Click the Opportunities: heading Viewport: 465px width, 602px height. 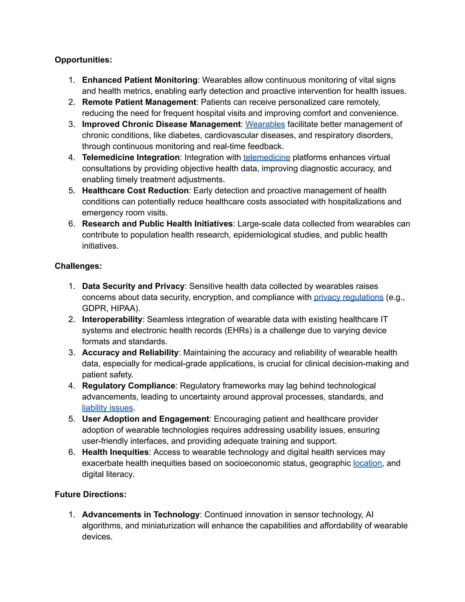click(x=83, y=60)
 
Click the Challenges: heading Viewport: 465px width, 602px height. click(x=78, y=266)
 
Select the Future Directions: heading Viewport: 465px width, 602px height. click(x=90, y=494)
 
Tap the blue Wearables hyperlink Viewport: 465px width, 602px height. click(x=265, y=124)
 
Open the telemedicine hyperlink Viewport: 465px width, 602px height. click(x=266, y=157)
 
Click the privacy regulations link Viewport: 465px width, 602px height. click(x=349, y=297)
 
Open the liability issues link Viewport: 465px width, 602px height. click(x=107, y=408)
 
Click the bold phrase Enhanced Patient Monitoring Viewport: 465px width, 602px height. click(x=140, y=80)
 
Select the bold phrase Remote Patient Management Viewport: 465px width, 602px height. click(x=139, y=102)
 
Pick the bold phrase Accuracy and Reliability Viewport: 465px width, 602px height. click(x=130, y=353)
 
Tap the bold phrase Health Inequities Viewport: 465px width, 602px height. click(x=115, y=452)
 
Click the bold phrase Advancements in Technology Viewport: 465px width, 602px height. click(x=141, y=515)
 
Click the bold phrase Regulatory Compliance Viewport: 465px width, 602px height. click(x=128, y=386)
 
